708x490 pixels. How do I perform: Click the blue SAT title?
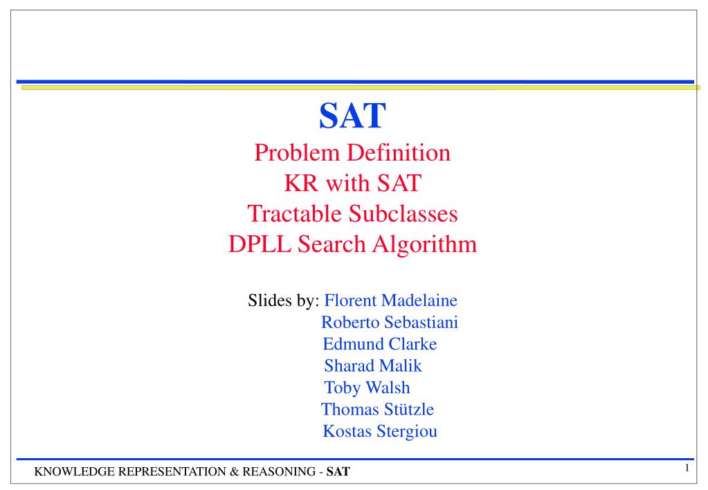(352, 116)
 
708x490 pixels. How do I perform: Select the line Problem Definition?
(352, 153)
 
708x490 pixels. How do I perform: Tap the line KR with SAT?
(353, 183)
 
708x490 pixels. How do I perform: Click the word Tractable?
(294, 214)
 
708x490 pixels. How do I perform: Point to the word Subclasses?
(403, 214)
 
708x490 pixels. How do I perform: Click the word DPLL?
(260, 244)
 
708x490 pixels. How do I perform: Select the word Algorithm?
(424, 245)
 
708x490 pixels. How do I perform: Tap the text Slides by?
(284, 300)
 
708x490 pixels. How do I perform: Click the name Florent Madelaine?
(390, 300)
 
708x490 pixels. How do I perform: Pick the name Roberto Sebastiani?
(390, 323)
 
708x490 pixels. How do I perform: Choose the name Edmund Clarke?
(380, 344)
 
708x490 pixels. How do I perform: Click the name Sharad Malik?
(373, 366)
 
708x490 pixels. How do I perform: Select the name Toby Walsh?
(367, 388)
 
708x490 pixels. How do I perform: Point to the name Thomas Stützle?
(377, 410)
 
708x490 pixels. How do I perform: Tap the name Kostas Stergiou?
(380, 431)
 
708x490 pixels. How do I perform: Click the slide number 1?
(687, 468)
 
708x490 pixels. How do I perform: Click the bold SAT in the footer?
(338, 472)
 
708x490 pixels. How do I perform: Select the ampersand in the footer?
(234, 472)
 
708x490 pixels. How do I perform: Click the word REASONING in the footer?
(279, 472)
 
